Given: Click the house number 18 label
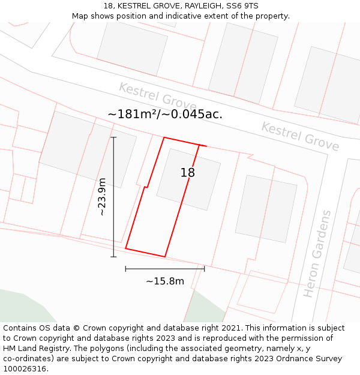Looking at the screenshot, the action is tap(188, 173).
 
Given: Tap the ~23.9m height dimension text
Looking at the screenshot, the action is tap(102, 197).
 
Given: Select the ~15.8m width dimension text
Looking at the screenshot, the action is tap(165, 281).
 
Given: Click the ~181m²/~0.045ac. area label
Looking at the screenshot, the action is tap(165, 113).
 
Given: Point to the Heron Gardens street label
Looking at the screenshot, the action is tap(317, 254).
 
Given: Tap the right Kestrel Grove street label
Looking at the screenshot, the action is tap(300, 137).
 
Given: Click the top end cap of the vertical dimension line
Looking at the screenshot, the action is tap(113, 137).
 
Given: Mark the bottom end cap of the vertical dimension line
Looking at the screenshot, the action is tap(113, 257).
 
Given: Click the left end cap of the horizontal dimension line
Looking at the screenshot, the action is tap(125, 268).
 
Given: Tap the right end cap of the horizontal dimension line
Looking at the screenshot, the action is tap(205, 268).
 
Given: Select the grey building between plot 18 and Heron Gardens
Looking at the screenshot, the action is tap(266, 208).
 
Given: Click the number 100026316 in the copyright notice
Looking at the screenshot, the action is tap(25, 369).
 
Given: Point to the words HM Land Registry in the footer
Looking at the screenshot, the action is tap(37, 349).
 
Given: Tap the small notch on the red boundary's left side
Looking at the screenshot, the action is tap(146, 187).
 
